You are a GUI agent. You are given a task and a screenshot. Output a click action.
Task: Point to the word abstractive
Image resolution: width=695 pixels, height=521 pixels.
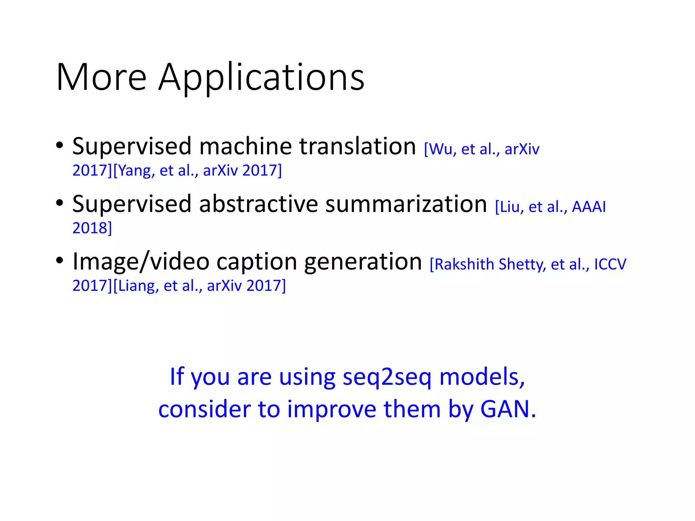point(258,204)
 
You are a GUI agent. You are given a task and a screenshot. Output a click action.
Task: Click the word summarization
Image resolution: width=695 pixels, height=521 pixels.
point(406,204)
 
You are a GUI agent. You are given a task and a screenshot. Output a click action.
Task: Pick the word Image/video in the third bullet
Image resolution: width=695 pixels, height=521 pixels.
point(140,262)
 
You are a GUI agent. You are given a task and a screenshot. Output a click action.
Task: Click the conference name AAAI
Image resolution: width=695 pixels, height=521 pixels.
point(588,207)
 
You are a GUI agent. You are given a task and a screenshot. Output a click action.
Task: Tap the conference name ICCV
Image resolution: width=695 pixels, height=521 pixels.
point(610,265)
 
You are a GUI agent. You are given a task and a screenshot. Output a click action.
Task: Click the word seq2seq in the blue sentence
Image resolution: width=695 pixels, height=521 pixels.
point(387,377)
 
